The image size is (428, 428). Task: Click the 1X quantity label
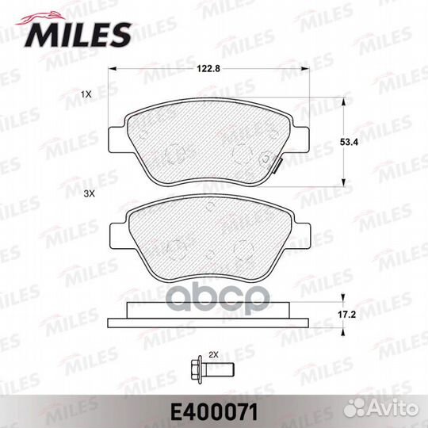tap(86, 94)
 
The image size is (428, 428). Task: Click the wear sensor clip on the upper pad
tap(278, 162)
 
